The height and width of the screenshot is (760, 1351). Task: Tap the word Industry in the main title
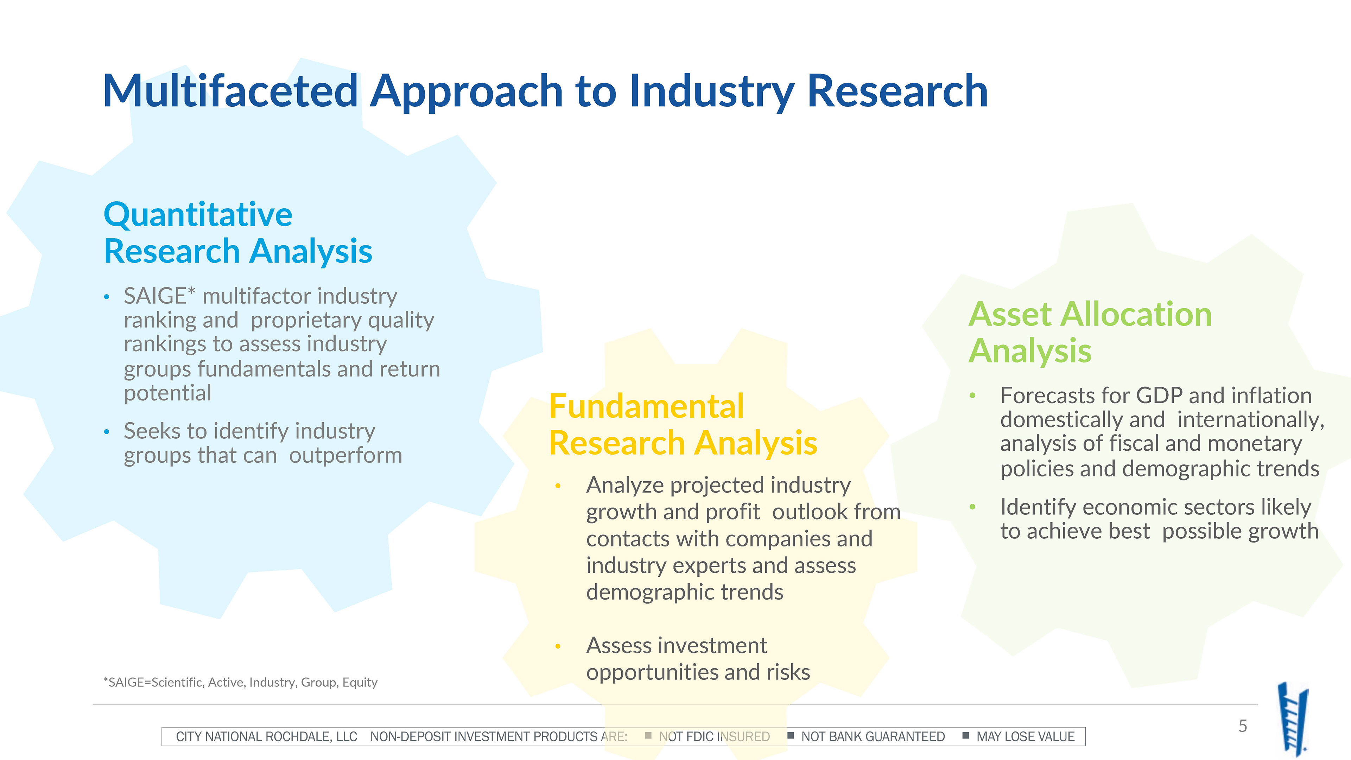712,92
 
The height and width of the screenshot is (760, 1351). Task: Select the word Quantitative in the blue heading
198,215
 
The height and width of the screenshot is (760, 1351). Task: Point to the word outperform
345,456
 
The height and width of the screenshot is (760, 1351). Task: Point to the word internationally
1251,420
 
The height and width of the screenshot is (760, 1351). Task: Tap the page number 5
1242,726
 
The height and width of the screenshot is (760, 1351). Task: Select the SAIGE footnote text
240,682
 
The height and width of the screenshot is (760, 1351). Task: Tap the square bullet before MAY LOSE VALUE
965,735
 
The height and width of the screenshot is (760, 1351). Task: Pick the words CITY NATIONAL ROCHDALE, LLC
266,737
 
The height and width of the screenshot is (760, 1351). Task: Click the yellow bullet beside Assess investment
558,647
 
